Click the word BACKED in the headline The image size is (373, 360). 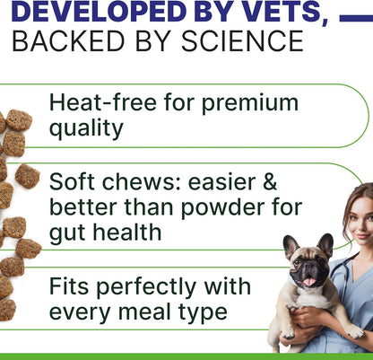coord(64,41)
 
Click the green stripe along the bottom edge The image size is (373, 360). coord(186,356)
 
